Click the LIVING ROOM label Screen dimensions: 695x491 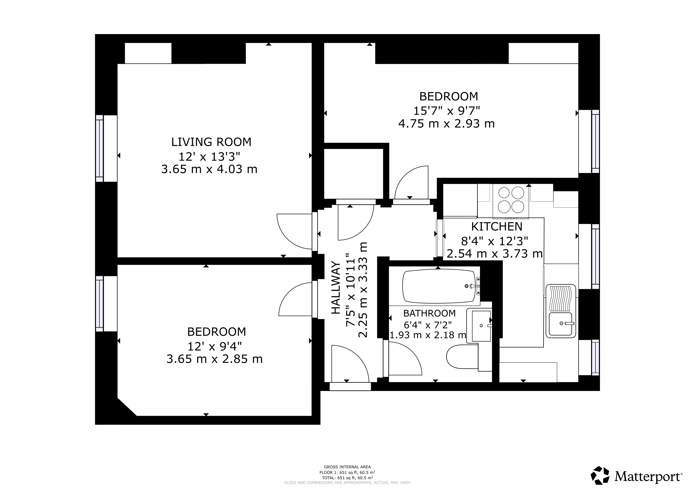coord(211,142)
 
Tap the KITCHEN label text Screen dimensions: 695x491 coord(497,227)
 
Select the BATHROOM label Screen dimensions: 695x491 coord(429,313)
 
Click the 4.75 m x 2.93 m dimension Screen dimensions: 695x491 coord(446,124)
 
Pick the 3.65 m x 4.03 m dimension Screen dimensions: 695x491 coord(209,169)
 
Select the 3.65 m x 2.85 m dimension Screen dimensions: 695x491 coord(215,359)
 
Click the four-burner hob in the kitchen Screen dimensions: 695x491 coord(511,200)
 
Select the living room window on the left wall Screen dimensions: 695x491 coord(100,148)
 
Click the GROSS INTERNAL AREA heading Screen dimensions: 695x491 coord(347,467)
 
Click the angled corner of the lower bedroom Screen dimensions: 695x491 coord(127,407)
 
